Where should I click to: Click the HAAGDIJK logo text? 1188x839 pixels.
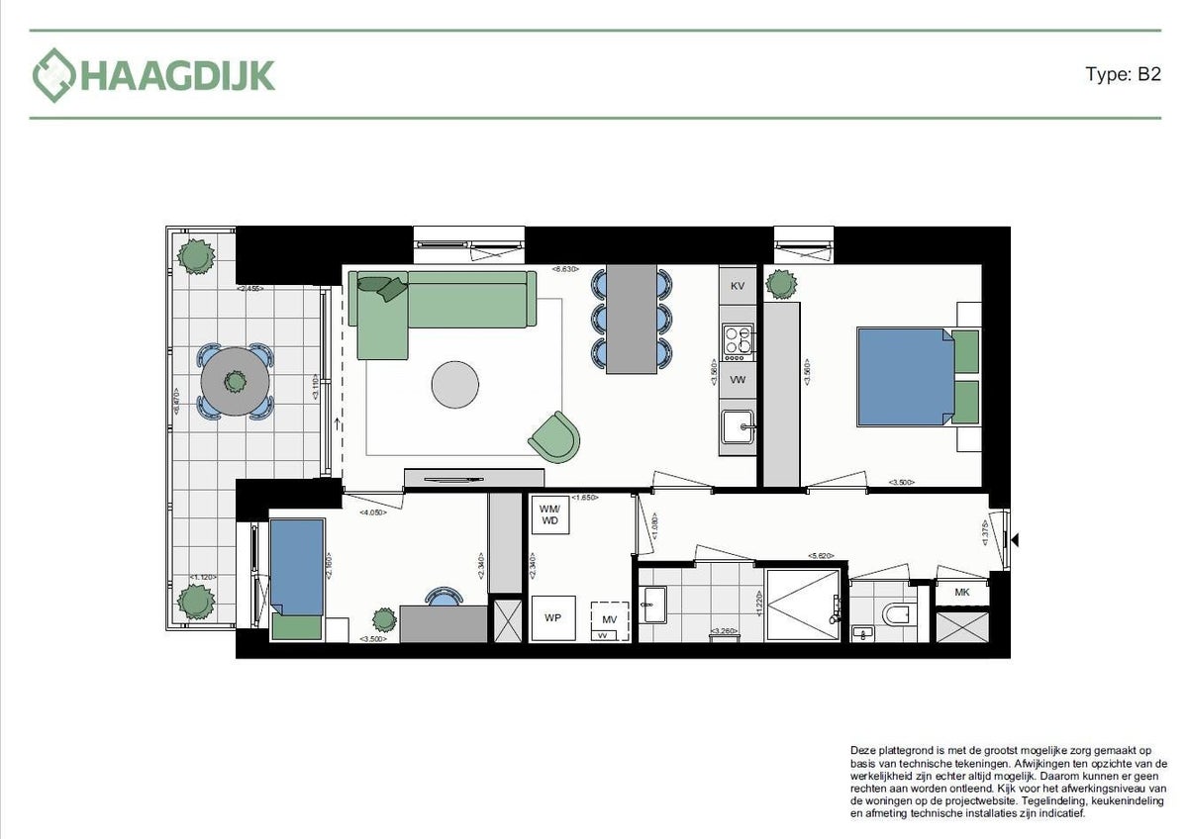coord(176,76)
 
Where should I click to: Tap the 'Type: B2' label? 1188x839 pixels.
coord(1122,75)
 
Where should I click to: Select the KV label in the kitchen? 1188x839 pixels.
coord(737,286)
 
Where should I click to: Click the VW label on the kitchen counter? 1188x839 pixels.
coord(737,379)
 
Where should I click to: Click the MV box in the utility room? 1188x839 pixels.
coord(609,619)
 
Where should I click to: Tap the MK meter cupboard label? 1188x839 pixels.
coord(961,592)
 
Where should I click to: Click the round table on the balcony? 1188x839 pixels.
coord(235,380)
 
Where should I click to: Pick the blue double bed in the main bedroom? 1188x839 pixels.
coord(905,376)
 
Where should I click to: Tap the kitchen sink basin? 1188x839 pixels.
coord(738,428)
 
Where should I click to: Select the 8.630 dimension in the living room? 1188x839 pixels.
coord(565,269)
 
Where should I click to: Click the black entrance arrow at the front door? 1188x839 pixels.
coord(1013,539)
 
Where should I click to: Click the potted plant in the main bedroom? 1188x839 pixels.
coord(781,284)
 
